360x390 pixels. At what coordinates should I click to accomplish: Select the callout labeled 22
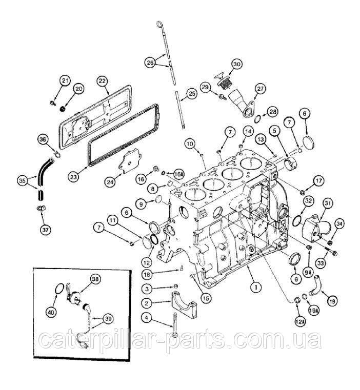(103, 81)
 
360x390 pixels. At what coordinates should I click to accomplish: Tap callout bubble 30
(237, 64)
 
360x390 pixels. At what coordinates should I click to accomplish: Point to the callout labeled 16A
(177, 174)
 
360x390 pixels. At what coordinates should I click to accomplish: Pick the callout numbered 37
(45, 229)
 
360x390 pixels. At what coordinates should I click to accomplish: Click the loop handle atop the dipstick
(159, 24)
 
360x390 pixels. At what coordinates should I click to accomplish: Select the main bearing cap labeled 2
(184, 305)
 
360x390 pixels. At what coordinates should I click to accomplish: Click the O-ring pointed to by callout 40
(59, 289)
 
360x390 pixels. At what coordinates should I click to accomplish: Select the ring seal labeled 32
(297, 220)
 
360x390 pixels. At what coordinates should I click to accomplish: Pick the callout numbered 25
(191, 94)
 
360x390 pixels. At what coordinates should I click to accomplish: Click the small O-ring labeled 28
(257, 119)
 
